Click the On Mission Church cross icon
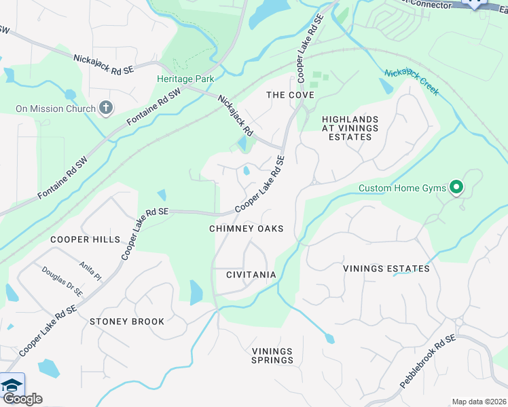[x=105, y=108]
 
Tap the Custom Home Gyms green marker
[x=456, y=188]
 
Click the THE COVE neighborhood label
[x=290, y=95]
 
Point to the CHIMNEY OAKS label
[x=246, y=229]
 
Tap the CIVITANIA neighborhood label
[x=251, y=275]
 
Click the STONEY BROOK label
[x=127, y=322]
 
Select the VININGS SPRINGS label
[x=272, y=355]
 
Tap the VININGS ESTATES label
[x=386, y=269]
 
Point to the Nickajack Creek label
[x=412, y=82]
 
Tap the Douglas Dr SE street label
[x=62, y=281]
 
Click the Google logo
[x=22, y=399]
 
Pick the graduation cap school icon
[x=12, y=385]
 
